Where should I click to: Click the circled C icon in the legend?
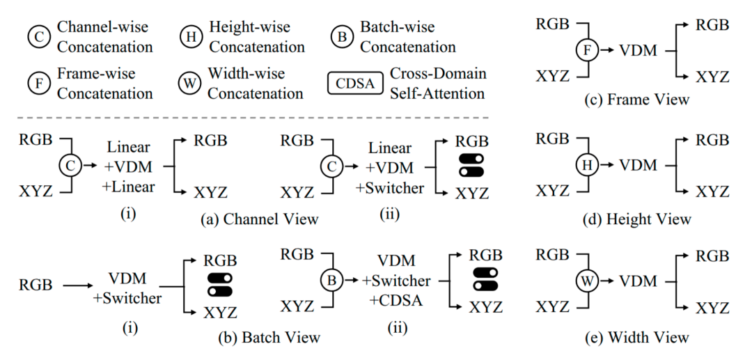tap(39, 38)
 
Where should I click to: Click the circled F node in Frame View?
tap(588, 50)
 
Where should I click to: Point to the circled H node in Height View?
tap(588, 165)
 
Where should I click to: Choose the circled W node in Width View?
tap(588, 281)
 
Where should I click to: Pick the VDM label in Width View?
tap(639, 281)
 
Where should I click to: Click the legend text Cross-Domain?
tap(438, 74)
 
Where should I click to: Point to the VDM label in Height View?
tap(639, 165)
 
